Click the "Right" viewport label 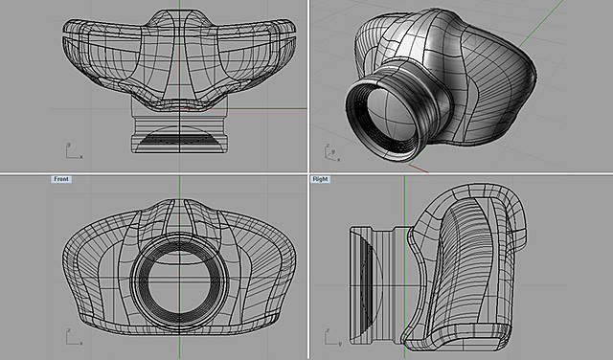pyautogui.click(x=322, y=179)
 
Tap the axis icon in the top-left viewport pyautogui.click(x=71, y=150)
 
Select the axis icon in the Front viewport pyautogui.click(x=71, y=335)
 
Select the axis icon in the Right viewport pyautogui.click(x=329, y=335)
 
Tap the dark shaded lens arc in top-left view pyautogui.click(x=179, y=141)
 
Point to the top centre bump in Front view pyautogui.click(x=180, y=208)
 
